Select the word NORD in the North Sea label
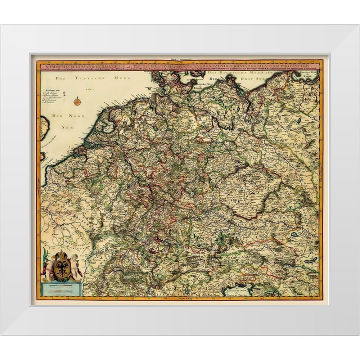[x=78, y=116]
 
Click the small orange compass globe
[x=77, y=101]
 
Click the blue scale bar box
[x=61, y=289]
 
